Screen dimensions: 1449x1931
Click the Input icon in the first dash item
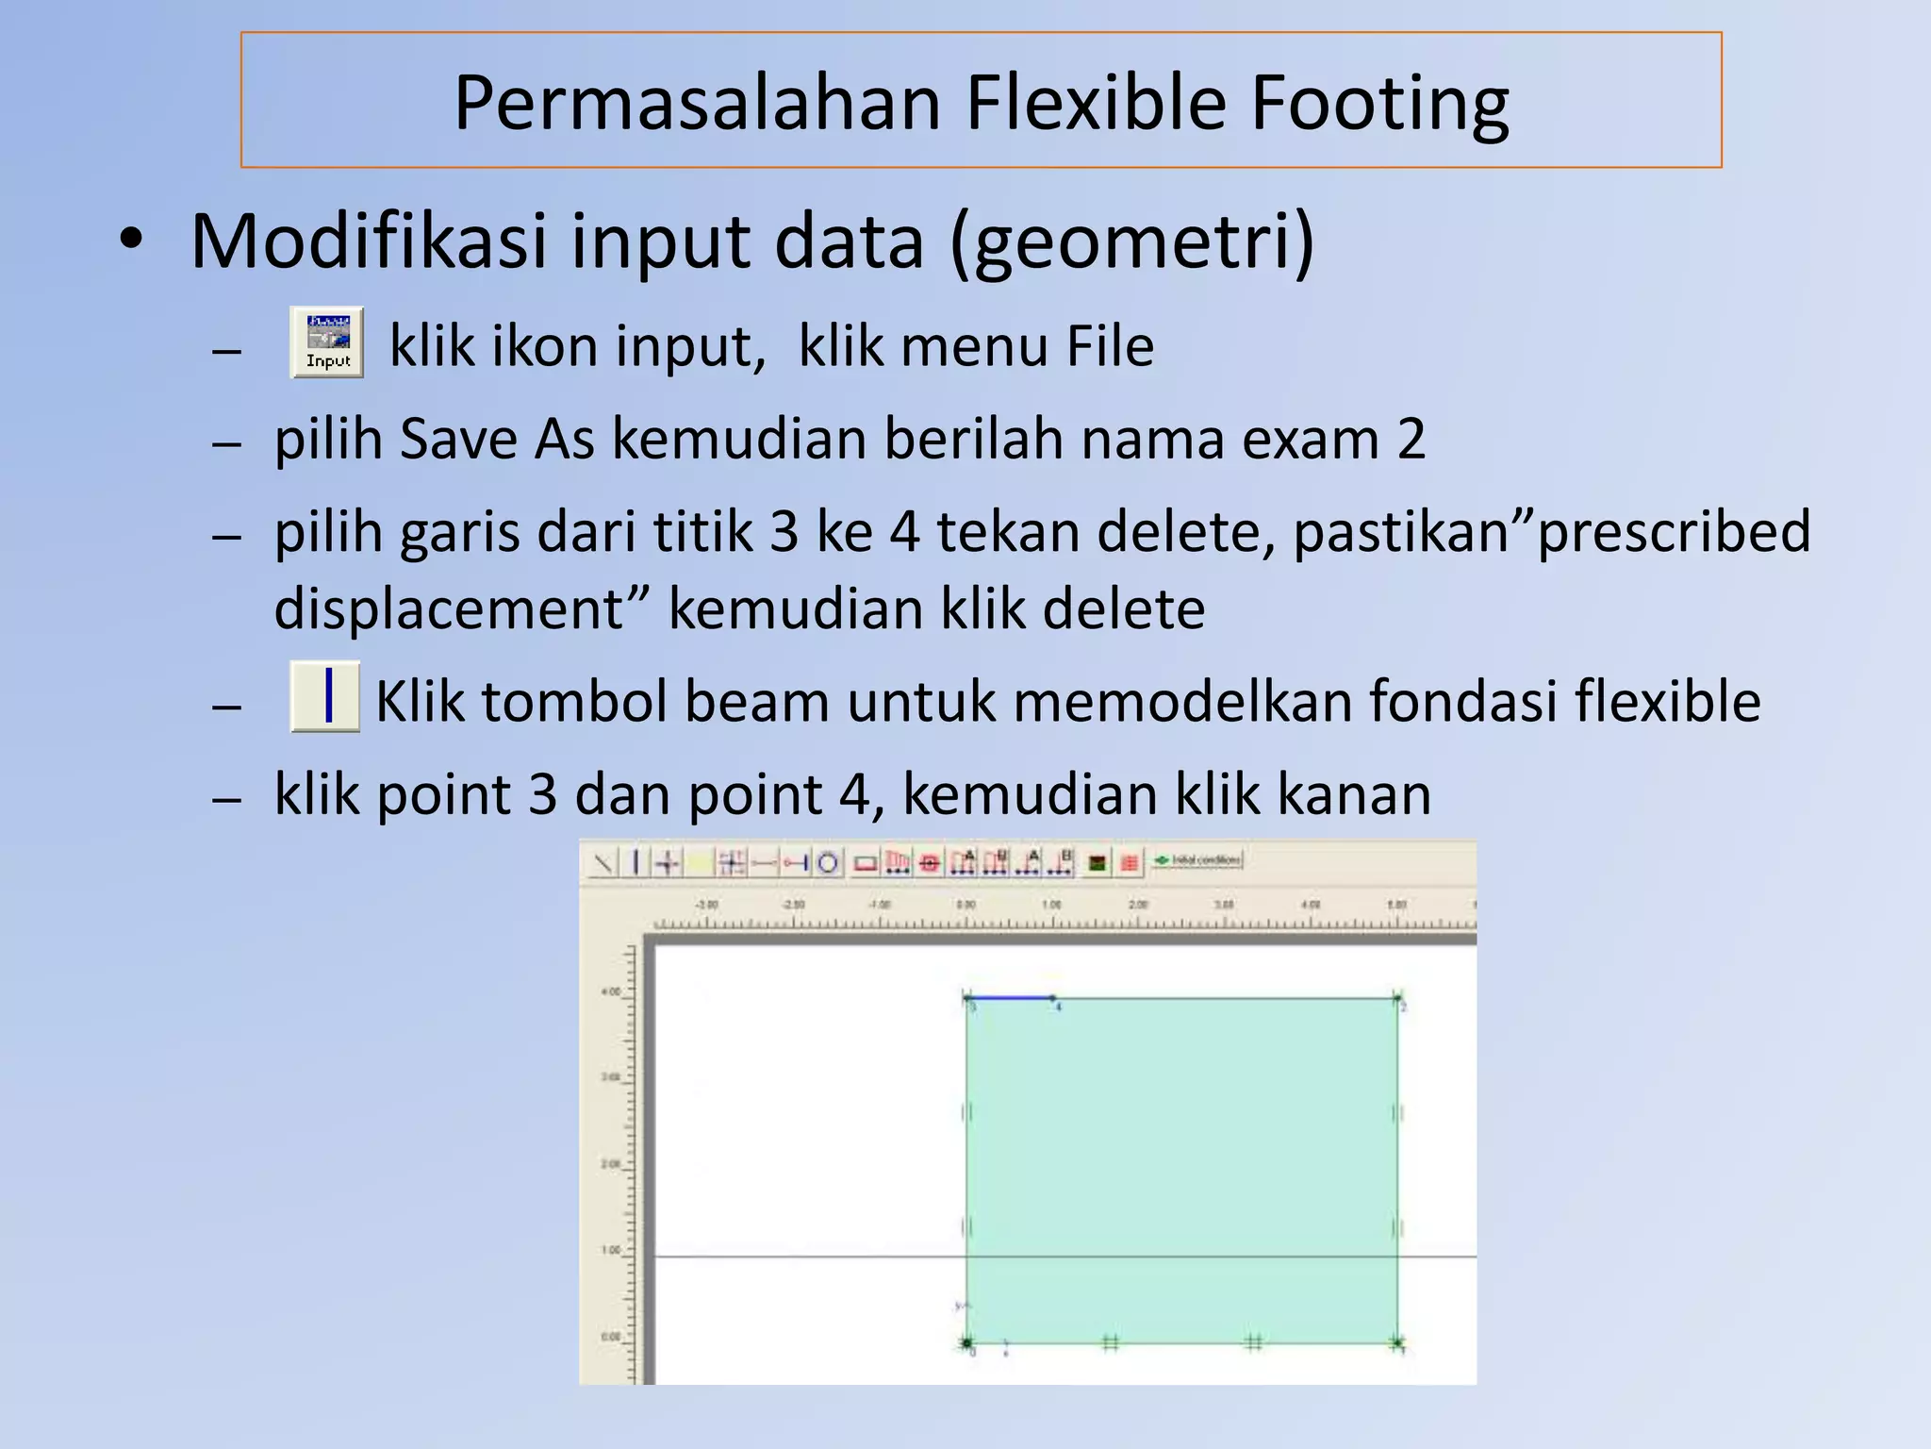coord(326,342)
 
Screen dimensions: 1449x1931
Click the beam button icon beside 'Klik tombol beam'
coord(325,696)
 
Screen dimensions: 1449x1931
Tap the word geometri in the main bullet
coord(1131,241)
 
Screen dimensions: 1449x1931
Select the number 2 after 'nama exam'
coord(1411,440)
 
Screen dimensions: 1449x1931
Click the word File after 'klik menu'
coord(1110,346)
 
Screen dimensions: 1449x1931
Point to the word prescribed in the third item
coord(1675,532)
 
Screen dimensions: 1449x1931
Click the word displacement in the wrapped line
coord(448,608)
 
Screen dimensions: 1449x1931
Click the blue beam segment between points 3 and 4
coord(1009,997)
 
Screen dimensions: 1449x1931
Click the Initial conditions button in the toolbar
coord(1198,860)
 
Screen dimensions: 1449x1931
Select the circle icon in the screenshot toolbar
coord(828,862)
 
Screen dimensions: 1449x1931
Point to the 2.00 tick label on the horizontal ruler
coord(1138,905)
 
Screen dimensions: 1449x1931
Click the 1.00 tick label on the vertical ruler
coord(611,1251)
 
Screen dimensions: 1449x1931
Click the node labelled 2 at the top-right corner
coord(1397,997)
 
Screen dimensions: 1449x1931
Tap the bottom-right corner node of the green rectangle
coord(1397,1342)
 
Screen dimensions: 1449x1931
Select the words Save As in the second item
coord(497,440)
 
